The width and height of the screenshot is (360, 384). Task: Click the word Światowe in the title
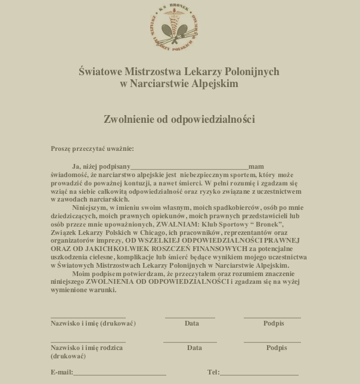click(101, 72)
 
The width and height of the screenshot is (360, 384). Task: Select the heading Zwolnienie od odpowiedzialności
click(179, 119)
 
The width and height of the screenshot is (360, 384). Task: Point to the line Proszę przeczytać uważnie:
click(92, 148)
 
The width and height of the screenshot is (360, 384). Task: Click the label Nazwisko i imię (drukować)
click(93, 323)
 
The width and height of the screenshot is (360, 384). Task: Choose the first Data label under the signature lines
click(191, 323)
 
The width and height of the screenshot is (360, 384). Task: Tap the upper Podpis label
click(274, 323)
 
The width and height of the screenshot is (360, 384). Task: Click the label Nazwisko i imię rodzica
click(87, 347)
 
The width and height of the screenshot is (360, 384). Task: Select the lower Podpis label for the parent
click(277, 347)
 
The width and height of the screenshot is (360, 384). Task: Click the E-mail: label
click(62, 372)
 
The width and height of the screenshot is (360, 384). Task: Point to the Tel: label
click(213, 372)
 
